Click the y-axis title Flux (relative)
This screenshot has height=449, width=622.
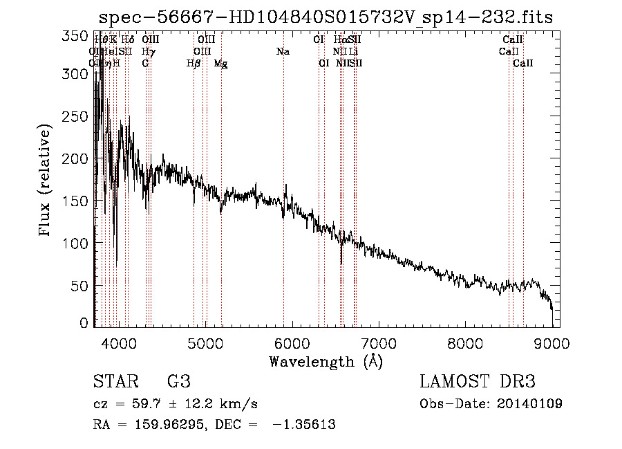(x=46, y=180)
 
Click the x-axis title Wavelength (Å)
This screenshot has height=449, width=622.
(x=326, y=361)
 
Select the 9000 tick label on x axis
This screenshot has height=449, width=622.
(x=551, y=343)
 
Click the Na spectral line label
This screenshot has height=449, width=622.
(x=282, y=52)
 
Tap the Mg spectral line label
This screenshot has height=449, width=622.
(x=220, y=64)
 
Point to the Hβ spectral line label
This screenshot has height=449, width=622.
(x=194, y=64)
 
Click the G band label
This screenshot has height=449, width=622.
(x=145, y=64)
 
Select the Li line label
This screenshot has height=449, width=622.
(x=353, y=52)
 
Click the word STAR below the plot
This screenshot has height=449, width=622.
(x=114, y=382)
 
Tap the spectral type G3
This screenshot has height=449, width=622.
(x=178, y=382)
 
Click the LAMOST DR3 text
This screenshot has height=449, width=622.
(x=478, y=382)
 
